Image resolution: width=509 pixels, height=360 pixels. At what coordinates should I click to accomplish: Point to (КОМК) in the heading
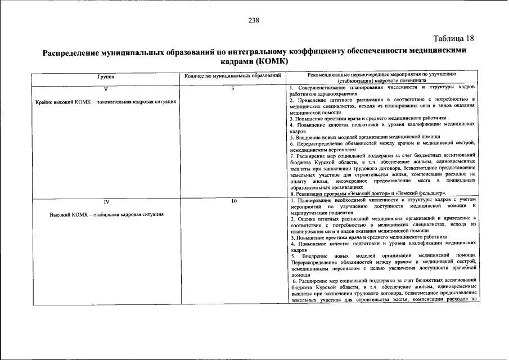click(x=271, y=61)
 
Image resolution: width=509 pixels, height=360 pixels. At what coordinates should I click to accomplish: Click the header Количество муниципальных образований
click(x=232, y=75)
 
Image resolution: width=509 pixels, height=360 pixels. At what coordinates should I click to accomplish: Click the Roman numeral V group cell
click(x=105, y=89)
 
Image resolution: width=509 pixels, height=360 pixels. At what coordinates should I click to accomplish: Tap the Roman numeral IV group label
click(x=105, y=201)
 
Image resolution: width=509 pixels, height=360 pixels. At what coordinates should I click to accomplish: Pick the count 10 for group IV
click(x=232, y=200)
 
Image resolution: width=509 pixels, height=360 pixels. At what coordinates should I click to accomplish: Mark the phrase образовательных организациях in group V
click(x=322, y=187)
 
